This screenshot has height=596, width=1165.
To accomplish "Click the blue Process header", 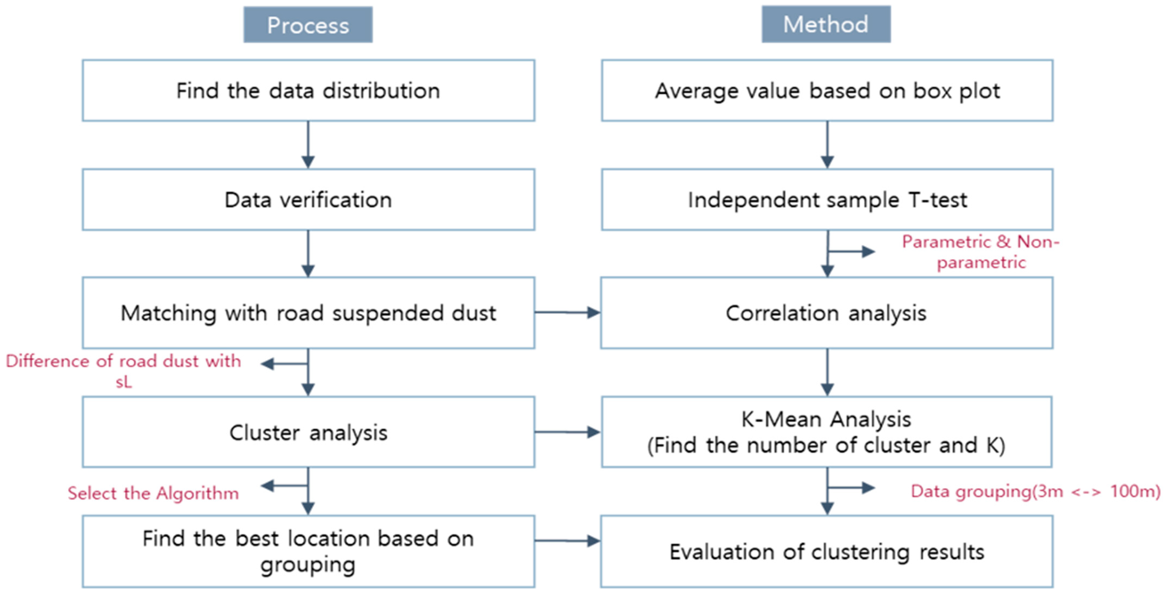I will point(308,25).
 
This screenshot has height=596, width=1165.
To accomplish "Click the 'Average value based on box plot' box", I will point(827,90).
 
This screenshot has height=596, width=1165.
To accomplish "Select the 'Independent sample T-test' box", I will point(827,199).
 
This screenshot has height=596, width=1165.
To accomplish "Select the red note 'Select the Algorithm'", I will point(153,493).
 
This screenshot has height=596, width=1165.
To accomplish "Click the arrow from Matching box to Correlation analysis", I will point(567,312).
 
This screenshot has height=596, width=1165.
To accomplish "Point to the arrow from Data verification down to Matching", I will point(308,253).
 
